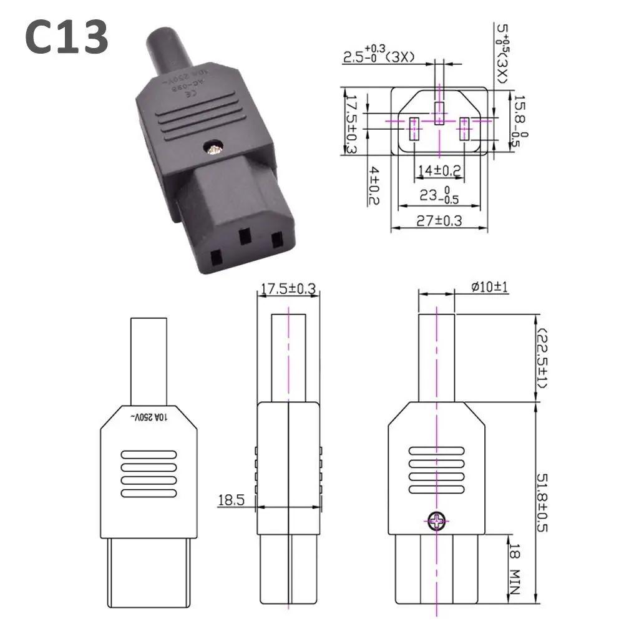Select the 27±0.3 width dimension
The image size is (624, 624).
(438, 220)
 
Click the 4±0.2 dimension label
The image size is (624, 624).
(373, 185)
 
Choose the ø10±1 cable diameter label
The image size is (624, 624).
(490, 287)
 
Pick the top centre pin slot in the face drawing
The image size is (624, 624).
(439, 112)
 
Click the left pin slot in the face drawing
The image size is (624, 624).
(413, 130)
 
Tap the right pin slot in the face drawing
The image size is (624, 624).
(464, 130)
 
